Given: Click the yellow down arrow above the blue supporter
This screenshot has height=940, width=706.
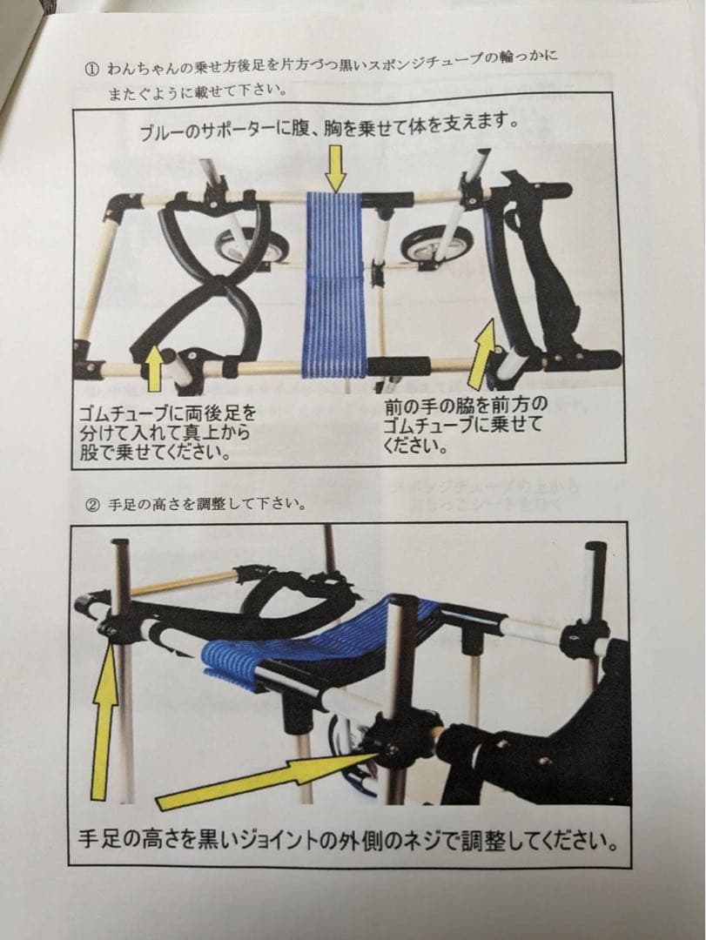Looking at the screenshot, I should tap(335, 168).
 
